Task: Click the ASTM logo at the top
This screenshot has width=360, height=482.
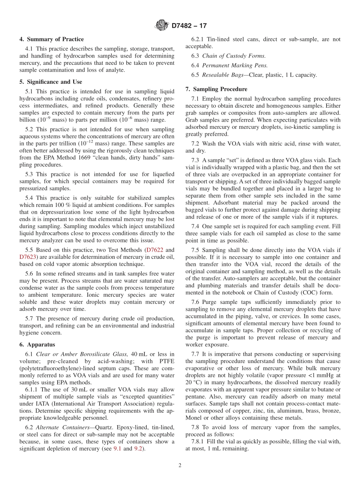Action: click(161, 26)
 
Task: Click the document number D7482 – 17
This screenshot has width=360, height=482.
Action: click(189, 26)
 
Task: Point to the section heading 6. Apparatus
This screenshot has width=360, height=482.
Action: click(37, 344)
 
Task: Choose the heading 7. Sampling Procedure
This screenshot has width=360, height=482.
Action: click(216, 89)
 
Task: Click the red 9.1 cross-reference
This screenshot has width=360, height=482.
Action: click(118, 449)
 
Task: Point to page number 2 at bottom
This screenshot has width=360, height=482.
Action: click(180, 466)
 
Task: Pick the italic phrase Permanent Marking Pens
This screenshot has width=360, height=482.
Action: click(235, 66)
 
